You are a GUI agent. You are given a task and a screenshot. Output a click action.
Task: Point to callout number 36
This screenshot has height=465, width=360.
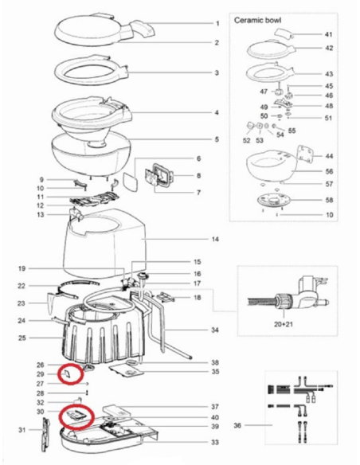(x=237, y=426)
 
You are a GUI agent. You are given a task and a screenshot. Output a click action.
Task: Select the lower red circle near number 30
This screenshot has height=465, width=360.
(x=77, y=416)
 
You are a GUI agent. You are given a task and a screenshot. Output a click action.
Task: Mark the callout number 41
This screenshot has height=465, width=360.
(x=328, y=35)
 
